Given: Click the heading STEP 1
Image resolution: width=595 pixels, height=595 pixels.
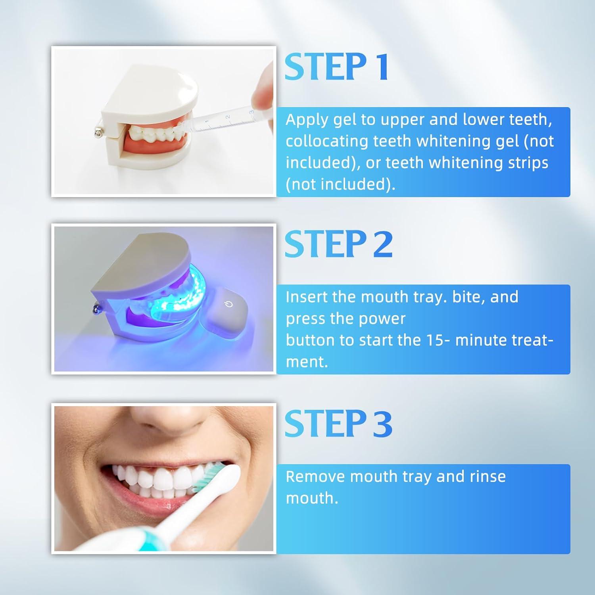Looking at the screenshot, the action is pyautogui.click(x=336, y=67).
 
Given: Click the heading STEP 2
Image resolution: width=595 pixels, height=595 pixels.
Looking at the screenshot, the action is pyautogui.click(x=338, y=244).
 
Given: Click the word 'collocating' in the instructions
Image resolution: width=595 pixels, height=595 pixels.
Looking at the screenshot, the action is pyautogui.click(x=327, y=142).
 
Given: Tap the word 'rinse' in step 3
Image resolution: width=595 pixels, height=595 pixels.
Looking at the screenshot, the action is pyautogui.click(x=488, y=476).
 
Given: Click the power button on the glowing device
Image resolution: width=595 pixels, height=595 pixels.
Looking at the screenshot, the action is pyautogui.click(x=229, y=305).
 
